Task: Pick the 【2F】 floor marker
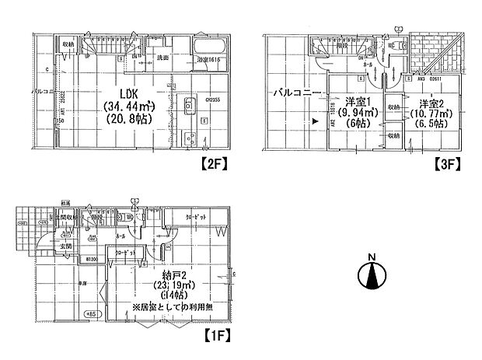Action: [x=214, y=163]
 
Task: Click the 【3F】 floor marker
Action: [x=448, y=163]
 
